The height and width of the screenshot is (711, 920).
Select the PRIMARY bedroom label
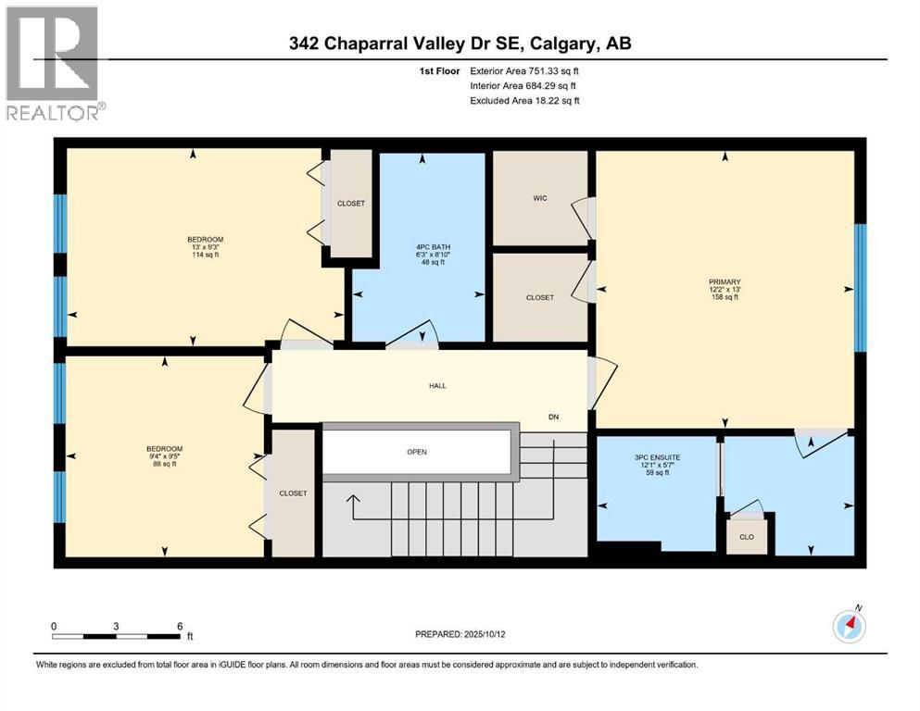point(725,288)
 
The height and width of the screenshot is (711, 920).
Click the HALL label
point(438,385)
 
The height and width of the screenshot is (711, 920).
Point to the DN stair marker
point(554,418)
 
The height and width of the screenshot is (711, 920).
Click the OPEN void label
point(416,452)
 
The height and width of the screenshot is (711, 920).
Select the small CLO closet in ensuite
point(747,536)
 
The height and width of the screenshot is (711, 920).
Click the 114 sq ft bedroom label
point(206,247)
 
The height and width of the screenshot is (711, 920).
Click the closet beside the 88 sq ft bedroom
point(293,493)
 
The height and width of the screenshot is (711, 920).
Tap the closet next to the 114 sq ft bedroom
point(351,203)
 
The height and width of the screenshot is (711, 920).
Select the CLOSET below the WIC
point(539,297)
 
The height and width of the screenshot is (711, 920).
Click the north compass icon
point(849,626)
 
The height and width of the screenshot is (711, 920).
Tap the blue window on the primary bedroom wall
point(860,288)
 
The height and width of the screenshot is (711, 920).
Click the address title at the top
point(460,43)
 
